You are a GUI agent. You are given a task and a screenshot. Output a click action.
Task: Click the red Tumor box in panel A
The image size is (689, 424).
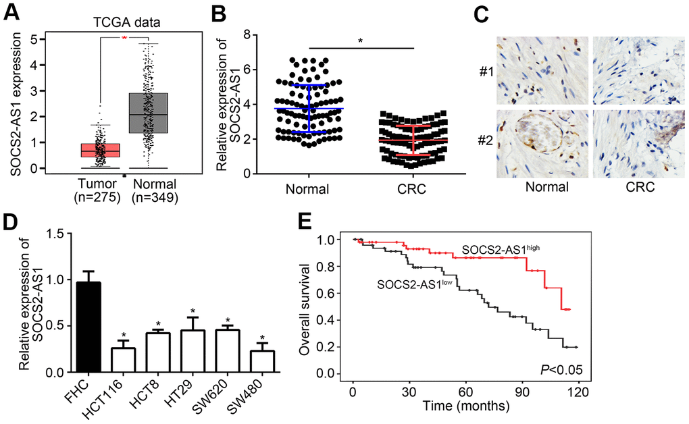click(x=101, y=149)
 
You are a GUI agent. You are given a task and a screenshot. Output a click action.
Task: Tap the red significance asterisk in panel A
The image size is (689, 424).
click(x=124, y=38)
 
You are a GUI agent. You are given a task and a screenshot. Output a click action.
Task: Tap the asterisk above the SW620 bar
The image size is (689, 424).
click(x=228, y=321)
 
